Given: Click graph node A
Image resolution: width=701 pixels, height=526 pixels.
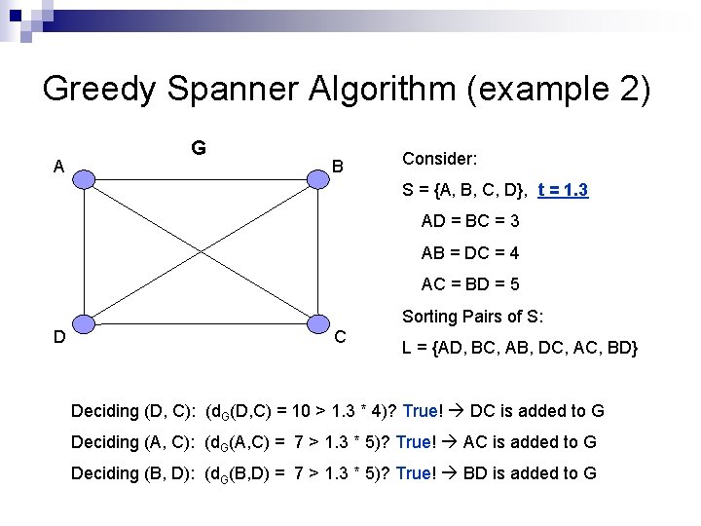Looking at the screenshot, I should pyautogui.click(x=85, y=178).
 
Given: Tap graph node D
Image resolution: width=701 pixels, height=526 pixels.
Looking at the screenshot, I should pyautogui.click(x=85, y=324).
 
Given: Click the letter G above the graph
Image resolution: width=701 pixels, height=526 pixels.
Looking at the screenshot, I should pyautogui.click(x=198, y=148).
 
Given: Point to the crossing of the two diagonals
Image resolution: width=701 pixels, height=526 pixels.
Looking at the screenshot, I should pyautogui.click(x=201, y=251).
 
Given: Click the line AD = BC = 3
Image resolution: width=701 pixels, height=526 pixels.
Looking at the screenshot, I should pyautogui.click(x=469, y=221).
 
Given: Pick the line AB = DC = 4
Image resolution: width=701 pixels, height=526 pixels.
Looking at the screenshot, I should pyautogui.click(x=469, y=253).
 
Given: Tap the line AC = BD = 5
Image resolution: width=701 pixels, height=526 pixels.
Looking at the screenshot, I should pyautogui.click(x=469, y=284).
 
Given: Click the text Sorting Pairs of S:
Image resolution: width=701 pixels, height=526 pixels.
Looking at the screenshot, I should pyautogui.click(x=472, y=317).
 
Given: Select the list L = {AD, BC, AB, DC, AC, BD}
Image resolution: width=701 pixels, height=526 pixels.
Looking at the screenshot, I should pyautogui.click(x=520, y=348).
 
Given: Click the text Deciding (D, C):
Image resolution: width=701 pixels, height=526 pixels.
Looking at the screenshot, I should pyautogui.click(x=133, y=411).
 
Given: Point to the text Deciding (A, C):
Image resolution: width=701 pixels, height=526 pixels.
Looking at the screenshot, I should pyautogui.click(x=133, y=442).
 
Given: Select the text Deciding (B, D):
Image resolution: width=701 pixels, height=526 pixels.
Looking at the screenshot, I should pyautogui.click(x=133, y=473).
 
